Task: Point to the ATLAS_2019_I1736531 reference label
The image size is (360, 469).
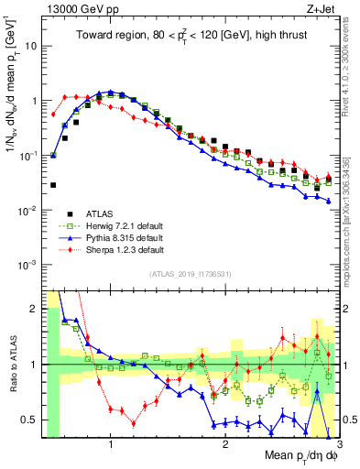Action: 190,274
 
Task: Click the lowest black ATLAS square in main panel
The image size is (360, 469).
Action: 53,185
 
